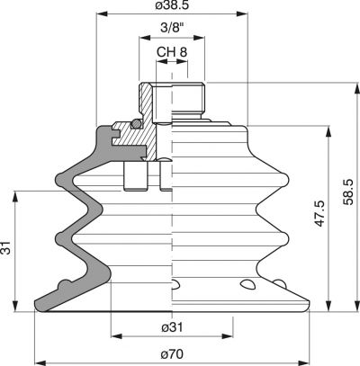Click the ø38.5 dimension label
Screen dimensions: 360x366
click(x=172, y=5)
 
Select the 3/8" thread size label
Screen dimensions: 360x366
click(x=172, y=28)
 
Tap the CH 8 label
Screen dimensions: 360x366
click(x=172, y=52)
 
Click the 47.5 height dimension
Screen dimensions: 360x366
click(x=320, y=213)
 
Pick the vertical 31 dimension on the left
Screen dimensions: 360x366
click(x=5, y=247)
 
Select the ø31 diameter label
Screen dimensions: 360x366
click(x=172, y=327)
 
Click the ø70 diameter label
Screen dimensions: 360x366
click(x=172, y=354)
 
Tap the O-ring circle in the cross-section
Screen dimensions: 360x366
click(x=137, y=124)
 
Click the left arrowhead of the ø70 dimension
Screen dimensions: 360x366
click(x=40, y=362)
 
